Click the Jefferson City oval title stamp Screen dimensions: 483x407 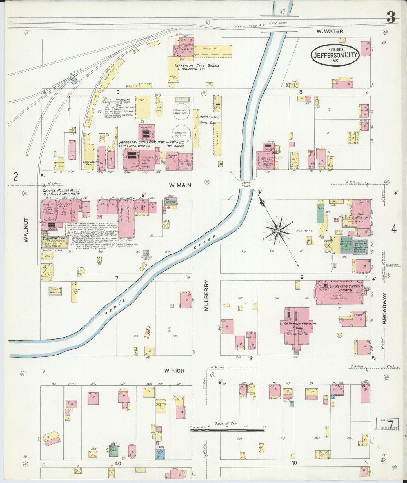coord(335,55)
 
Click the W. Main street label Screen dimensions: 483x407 coord(180,185)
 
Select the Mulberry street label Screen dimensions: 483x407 coord(206,295)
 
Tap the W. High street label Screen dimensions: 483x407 coord(174,371)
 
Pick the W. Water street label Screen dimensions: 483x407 coord(330,31)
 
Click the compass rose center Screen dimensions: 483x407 coord(278,231)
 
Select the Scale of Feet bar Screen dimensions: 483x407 coord(228,430)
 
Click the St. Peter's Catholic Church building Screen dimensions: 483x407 coord(341,293)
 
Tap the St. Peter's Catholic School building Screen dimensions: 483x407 coord(297,327)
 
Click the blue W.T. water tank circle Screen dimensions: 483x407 coord(74,81)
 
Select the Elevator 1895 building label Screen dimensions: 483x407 coord(54,238)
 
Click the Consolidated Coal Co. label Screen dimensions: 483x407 coord(208,120)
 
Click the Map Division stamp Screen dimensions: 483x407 coord(387,424)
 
